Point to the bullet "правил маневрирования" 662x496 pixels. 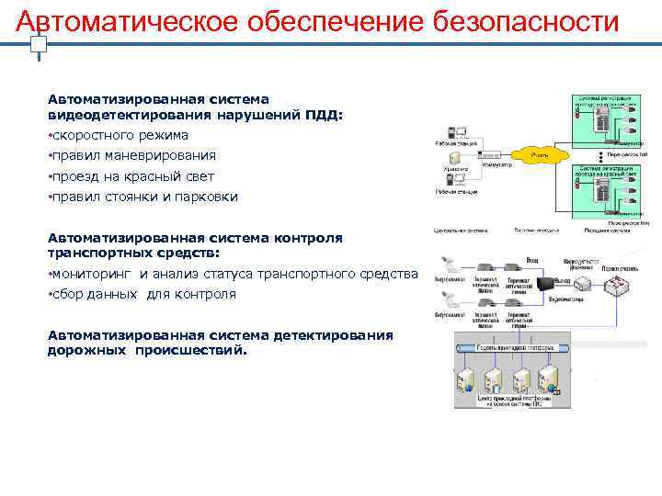(x=133, y=155)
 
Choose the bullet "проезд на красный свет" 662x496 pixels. (x=132, y=176)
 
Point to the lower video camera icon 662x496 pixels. (x=451, y=299)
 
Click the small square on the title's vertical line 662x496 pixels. (x=38, y=43)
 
